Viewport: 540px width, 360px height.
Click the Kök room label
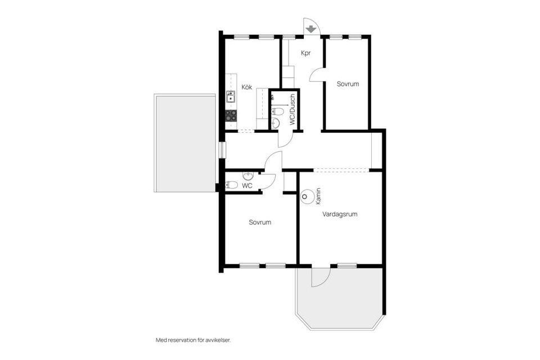tap(246, 87)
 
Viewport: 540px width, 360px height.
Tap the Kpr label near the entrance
tap(306, 53)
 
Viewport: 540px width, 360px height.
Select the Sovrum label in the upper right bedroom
tap(348, 84)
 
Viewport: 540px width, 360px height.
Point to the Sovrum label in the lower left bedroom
tap(260, 222)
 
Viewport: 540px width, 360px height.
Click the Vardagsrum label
tap(340, 214)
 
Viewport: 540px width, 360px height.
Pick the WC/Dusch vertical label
tap(292, 110)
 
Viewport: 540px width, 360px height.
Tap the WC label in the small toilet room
tap(246, 185)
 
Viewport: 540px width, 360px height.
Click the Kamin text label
tap(318, 195)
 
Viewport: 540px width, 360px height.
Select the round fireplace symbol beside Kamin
tap(307, 197)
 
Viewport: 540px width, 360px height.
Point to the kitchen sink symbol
tap(231, 97)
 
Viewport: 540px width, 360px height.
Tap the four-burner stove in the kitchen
tap(231, 115)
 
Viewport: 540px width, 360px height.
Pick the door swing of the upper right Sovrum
tap(316, 76)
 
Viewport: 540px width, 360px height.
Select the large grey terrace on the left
tap(185, 143)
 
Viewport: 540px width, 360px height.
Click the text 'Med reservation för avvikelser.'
tap(193, 340)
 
